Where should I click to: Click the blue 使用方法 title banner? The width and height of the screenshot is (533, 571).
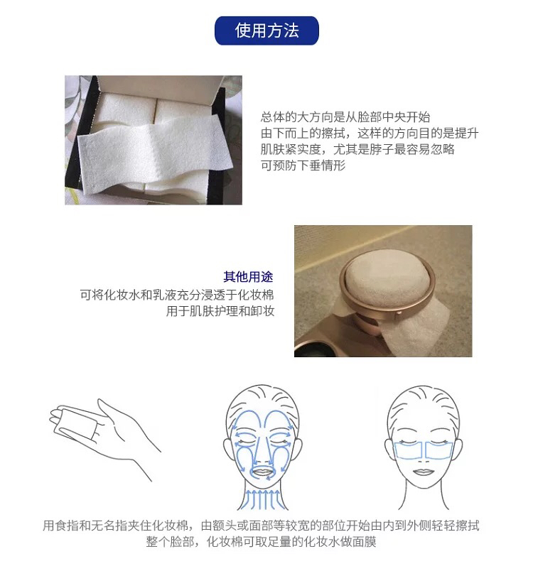pos(266,31)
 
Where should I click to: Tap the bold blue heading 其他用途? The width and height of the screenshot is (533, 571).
pos(248,277)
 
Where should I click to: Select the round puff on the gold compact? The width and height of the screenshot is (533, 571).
pos(387,278)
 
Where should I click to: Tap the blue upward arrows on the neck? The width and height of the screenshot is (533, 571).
pos(263,498)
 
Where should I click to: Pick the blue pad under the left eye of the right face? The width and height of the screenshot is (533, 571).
pos(408,450)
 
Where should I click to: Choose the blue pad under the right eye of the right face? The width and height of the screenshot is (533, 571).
pos(438,450)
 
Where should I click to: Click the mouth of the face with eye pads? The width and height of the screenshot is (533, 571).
pos(423,473)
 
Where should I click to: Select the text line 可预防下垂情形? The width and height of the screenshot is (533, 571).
pos(303,165)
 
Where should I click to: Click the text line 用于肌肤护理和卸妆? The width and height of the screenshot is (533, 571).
pos(220,311)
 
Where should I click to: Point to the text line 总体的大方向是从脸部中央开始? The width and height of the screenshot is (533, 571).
pos(345,117)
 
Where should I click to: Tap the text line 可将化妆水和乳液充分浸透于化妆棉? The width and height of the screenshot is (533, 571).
pos(177,295)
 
